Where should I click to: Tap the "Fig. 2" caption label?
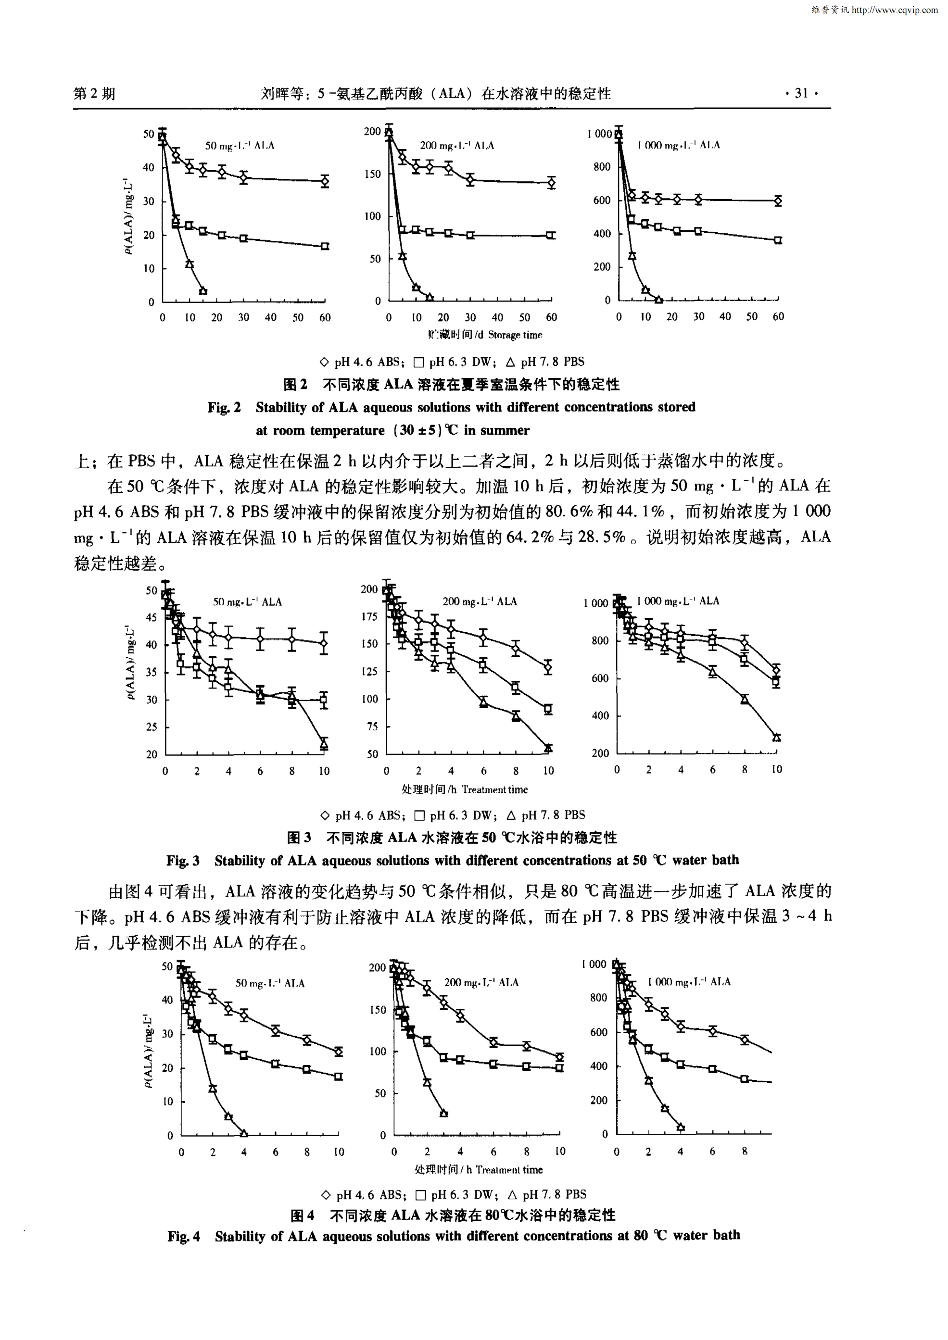pyautogui.click(x=224, y=407)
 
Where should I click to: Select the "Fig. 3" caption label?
pyautogui.click(x=183, y=860)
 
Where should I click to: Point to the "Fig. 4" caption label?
pyautogui.click(x=183, y=1236)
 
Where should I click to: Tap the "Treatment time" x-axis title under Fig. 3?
pyautogui.click(x=494, y=789)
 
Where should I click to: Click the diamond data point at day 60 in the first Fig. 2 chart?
pyautogui.click(x=325, y=182)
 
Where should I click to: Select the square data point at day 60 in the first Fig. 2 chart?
pyautogui.click(x=325, y=246)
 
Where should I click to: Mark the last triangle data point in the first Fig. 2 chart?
pyautogui.click(x=203, y=290)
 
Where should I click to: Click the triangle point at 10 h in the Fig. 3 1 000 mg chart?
pyautogui.click(x=776, y=737)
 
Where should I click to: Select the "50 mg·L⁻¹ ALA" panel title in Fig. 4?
pyautogui.click(x=270, y=983)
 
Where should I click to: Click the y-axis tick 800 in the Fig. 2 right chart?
pyautogui.click(x=601, y=167)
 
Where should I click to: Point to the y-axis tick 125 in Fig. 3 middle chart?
pyautogui.click(x=369, y=672)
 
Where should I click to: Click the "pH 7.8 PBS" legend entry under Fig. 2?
pyautogui.click(x=545, y=362)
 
